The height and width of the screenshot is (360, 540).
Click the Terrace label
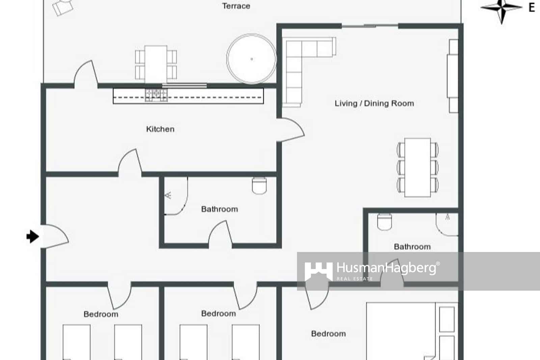click(x=236, y=6)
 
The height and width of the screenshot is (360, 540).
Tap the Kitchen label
click(x=160, y=129)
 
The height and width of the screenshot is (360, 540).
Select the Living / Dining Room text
click(x=374, y=103)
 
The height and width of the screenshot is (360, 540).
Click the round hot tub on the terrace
click(x=251, y=59)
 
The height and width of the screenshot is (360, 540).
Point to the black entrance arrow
click(x=32, y=236)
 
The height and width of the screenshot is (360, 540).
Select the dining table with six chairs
click(x=417, y=167)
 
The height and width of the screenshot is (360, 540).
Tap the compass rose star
click(x=502, y=7)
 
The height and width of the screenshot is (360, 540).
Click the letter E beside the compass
click(x=532, y=7)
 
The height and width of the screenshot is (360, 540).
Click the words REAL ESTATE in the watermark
click(x=355, y=279)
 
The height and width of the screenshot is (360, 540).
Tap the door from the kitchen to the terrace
click(x=86, y=74)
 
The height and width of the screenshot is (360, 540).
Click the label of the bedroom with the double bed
click(x=328, y=334)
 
